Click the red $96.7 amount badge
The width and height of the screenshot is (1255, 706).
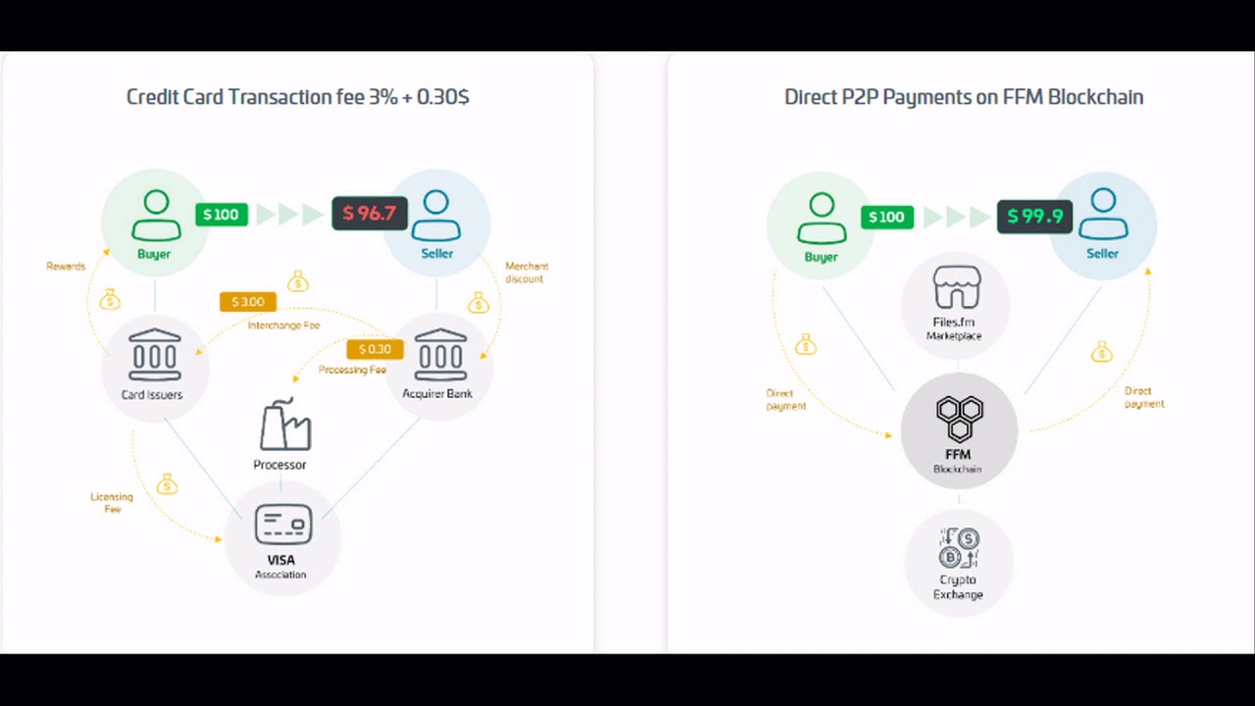(369, 214)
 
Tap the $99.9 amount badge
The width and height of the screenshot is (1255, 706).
(1035, 217)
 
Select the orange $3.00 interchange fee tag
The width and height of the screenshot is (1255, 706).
(248, 302)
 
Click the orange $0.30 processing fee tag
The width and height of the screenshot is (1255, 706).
(375, 349)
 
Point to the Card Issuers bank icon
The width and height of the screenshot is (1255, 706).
(155, 355)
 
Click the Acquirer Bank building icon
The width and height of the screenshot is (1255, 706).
(440, 355)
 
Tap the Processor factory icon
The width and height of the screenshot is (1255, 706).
(284, 426)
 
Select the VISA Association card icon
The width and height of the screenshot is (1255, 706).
(283, 525)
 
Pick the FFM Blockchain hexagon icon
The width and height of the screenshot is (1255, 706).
(958, 419)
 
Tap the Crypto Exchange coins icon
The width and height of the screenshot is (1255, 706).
(958, 548)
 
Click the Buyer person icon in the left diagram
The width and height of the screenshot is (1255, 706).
(155, 215)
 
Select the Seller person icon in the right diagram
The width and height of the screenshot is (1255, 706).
(1103, 214)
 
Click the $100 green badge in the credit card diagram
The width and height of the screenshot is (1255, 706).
(222, 215)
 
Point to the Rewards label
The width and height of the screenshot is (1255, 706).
(66, 267)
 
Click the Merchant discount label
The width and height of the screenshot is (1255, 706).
(527, 273)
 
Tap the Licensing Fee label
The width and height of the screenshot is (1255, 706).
(112, 503)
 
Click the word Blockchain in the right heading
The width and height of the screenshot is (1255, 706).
(1095, 97)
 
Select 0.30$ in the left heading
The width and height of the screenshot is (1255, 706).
(443, 97)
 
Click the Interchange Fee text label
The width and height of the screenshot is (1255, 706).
(283, 326)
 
